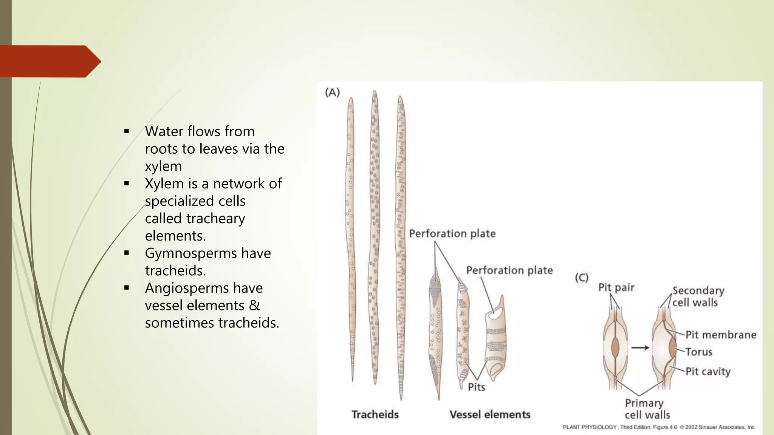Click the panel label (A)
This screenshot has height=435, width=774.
tap(332, 93)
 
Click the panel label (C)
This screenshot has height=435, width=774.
tap(582, 278)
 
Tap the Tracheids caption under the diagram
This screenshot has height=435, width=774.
tap(375, 415)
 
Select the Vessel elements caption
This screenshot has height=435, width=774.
tap(490, 415)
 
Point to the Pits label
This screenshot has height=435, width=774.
tap(476, 387)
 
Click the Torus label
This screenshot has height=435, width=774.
tap(699, 352)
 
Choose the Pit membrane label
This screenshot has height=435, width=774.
tap(721, 335)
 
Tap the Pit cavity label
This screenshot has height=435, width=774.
tap(708, 372)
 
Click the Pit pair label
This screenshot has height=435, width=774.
tap(616, 288)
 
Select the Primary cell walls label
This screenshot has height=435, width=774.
tap(647, 409)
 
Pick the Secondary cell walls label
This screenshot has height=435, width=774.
tap(698, 296)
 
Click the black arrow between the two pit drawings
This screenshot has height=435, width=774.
tap(640, 348)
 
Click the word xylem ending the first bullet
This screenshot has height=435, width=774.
tap(163, 166)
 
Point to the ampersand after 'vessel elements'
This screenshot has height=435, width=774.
tap(254, 305)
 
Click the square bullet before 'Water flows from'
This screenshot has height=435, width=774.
tap(127, 131)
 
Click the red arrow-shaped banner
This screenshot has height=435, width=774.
tap(49, 62)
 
